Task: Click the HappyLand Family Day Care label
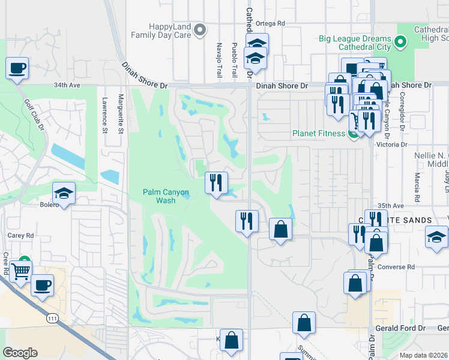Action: click(170, 31)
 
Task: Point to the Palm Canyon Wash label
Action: click(166, 196)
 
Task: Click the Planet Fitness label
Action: click(319, 133)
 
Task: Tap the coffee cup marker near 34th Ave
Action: click(17, 68)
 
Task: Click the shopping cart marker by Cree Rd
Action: click(21, 272)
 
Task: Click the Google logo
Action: click(20, 353)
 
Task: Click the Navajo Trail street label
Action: click(219, 60)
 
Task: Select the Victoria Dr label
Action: click(391, 145)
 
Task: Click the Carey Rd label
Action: click(20, 236)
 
